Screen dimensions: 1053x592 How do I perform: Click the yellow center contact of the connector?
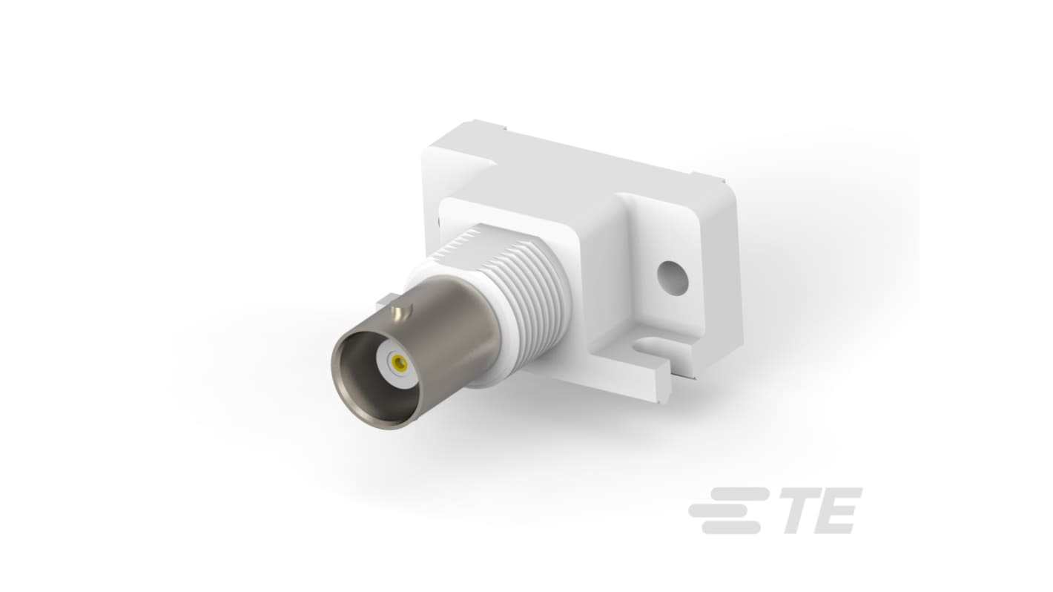pyautogui.click(x=400, y=363)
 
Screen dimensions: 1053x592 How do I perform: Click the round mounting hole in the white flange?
pyautogui.click(x=673, y=278)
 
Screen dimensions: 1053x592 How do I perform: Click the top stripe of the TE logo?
pyautogui.click(x=740, y=494)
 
